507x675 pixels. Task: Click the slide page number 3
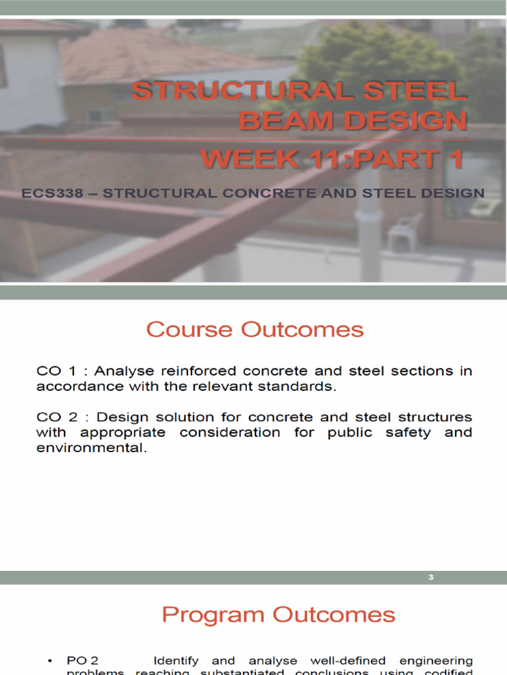pos(430,578)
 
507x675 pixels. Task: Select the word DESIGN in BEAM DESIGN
pos(400,121)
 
